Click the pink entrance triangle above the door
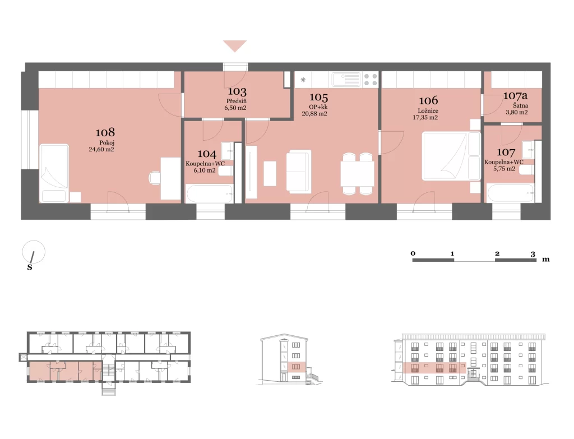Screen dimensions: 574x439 (x=235, y=45)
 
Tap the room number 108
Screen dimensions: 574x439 (x=105, y=132)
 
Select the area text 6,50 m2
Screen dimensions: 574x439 (x=235, y=108)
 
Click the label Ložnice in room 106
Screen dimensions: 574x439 (x=428, y=110)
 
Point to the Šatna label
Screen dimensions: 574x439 (x=520, y=106)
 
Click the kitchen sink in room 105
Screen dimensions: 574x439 (x=346, y=80)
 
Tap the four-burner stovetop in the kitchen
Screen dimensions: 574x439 (x=371, y=80)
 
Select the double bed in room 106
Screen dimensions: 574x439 (x=451, y=156)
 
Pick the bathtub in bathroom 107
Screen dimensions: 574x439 (x=510, y=193)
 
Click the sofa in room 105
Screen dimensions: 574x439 (x=299, y=172)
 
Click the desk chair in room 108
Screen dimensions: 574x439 (x=155, y=178)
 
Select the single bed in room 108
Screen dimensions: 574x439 (x=54, y=173)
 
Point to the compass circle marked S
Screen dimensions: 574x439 (x=34, y=252)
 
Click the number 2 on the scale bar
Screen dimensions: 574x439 (x=497, y=253)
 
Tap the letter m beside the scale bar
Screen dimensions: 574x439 (x=546, y=260)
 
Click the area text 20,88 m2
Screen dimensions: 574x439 (x=314, y=114)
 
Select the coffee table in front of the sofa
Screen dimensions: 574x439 (x=270, y=173)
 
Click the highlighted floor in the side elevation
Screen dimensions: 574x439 (x=297, y=367)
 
